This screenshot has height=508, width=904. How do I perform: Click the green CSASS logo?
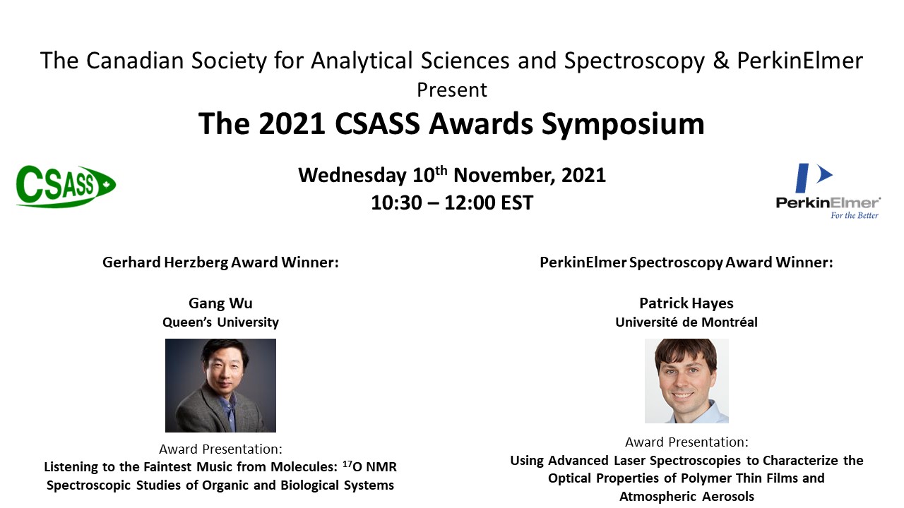(66, 186)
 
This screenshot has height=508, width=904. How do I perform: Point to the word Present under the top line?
(452, 90)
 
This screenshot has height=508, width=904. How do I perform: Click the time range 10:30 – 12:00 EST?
(452, 203)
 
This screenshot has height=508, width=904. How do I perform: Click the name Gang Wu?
(220, 303)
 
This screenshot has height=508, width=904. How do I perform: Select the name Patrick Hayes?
(686, 303)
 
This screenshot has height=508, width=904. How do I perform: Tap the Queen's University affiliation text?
(220, 322)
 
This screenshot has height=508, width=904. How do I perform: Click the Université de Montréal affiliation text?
(686, 322)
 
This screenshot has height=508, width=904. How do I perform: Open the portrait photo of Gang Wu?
(220, 385)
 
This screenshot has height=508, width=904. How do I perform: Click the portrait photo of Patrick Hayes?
(686, 381)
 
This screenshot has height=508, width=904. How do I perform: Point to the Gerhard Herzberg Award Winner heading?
(220, 263)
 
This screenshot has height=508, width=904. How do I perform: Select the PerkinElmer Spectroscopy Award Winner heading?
(686, 263)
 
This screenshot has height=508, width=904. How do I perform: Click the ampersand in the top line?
(720, 61)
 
